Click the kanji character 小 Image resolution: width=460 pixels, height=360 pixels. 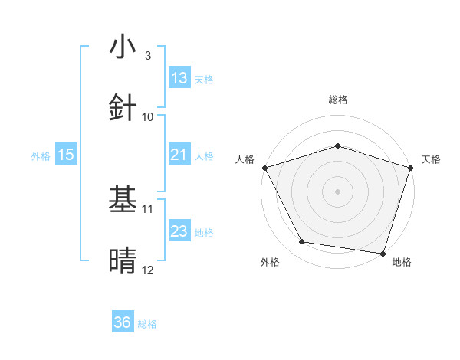123,47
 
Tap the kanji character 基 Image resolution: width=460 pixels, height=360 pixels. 123,201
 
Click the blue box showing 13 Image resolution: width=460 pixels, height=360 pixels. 179,78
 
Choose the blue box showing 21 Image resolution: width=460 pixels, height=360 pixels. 179,155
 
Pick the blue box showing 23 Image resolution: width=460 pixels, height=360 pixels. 179,231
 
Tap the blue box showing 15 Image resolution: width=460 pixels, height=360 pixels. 66,155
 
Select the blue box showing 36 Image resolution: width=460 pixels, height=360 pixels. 123,322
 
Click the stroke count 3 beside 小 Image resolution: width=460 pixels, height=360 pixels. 147,55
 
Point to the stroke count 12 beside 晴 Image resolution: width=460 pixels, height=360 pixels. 147,270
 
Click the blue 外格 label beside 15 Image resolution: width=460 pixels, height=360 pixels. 41,155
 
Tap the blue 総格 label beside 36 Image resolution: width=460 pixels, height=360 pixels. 148,323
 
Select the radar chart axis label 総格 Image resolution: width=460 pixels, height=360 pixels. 337,100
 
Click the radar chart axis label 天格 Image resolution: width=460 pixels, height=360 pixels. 432,159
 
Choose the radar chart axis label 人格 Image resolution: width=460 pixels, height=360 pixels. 245,159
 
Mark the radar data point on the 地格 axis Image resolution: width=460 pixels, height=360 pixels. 383,253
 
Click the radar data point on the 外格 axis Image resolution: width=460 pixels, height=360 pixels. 302,242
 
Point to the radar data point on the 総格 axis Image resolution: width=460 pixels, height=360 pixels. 337,146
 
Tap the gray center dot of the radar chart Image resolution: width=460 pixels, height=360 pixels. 337,191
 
